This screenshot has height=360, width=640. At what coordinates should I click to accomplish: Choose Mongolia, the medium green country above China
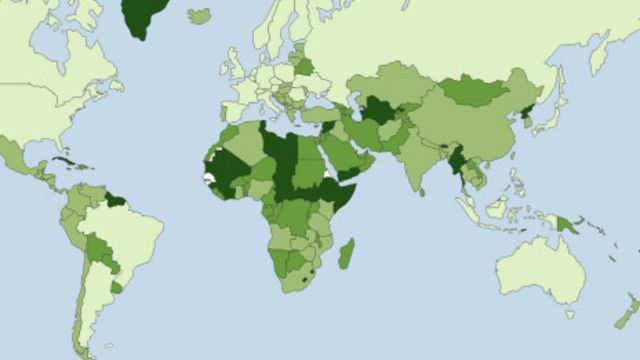point(475,91)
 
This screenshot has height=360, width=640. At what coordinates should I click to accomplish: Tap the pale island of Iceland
point(199,16)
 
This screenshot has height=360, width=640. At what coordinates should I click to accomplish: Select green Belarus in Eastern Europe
point(302,68)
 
